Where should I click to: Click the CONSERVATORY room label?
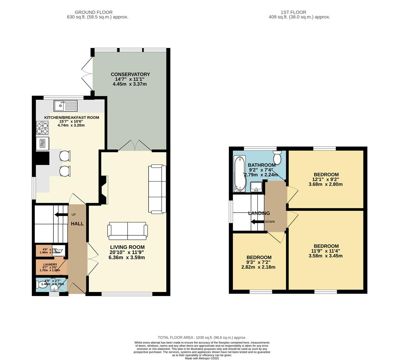130,74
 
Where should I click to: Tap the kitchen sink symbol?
65,106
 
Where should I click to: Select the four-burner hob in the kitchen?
43,127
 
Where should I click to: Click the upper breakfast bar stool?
65,156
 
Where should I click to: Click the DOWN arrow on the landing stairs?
257,222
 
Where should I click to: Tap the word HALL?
77,224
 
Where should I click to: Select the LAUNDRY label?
50,264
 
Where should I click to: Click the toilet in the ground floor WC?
42,285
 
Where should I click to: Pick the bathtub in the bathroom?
239,174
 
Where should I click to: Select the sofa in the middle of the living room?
127,231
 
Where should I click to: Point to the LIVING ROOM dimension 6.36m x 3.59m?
127,257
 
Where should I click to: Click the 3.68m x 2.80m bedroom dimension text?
326,184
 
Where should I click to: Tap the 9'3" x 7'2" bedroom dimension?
259,262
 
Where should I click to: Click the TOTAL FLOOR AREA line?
202,337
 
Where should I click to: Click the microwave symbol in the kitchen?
43,143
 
